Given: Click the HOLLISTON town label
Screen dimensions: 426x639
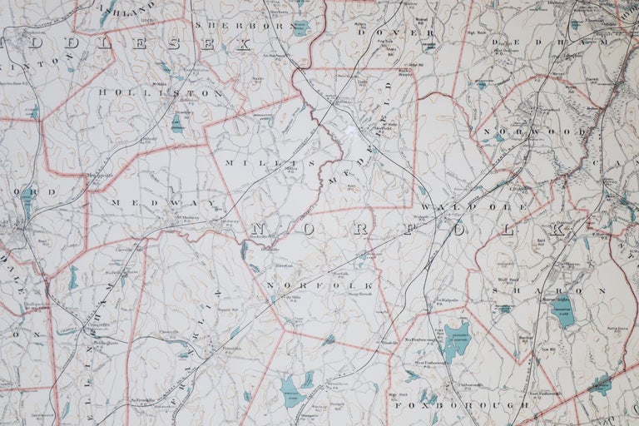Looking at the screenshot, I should (161, 94).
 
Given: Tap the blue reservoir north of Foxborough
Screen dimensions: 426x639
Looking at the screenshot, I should (455, 340).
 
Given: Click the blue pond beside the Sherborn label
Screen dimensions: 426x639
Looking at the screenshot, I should (300, 27).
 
